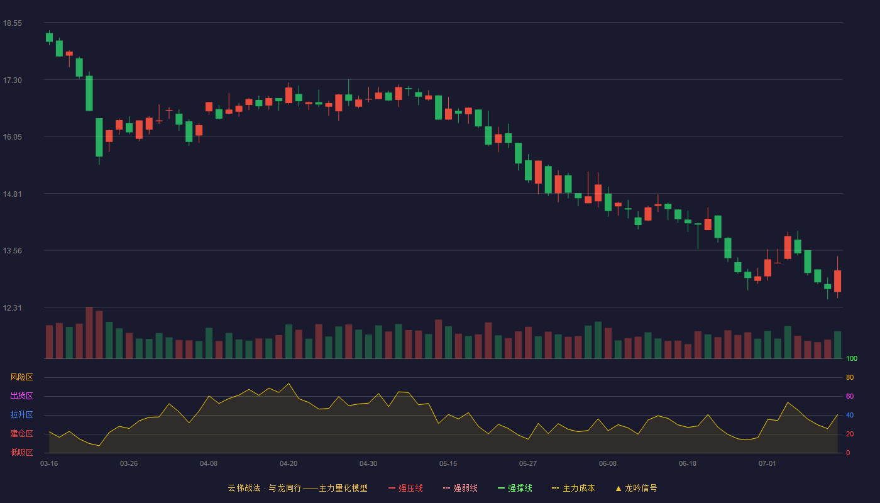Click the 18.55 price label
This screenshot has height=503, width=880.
[13, 23]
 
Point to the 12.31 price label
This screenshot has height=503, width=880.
[13, 307]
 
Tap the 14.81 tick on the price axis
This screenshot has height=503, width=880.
[13, 194]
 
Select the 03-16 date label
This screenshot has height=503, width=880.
[49, 464]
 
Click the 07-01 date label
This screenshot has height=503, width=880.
[767, 464]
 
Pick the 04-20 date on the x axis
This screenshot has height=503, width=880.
[289, 464]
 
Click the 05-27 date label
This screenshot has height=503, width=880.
[527, 464]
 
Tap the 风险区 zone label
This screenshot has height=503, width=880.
[21, 377]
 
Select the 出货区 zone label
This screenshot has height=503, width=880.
[21, 395]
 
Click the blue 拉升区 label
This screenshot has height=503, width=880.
[21, 414]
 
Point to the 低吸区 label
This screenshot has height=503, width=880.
[21, 452]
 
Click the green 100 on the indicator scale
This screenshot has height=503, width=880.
[852, 358]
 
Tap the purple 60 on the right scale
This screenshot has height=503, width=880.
[850, 396]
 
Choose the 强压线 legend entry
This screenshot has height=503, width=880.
[405, 488]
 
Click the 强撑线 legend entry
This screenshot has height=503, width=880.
[515, 488]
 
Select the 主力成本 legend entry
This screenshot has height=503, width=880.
[573, 488]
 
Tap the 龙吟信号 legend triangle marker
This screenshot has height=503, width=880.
[619, 489]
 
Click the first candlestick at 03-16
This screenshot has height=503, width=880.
[49, 37]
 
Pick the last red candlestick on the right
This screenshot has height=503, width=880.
[837, 277]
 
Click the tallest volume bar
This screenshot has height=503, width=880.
[89, 333]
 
